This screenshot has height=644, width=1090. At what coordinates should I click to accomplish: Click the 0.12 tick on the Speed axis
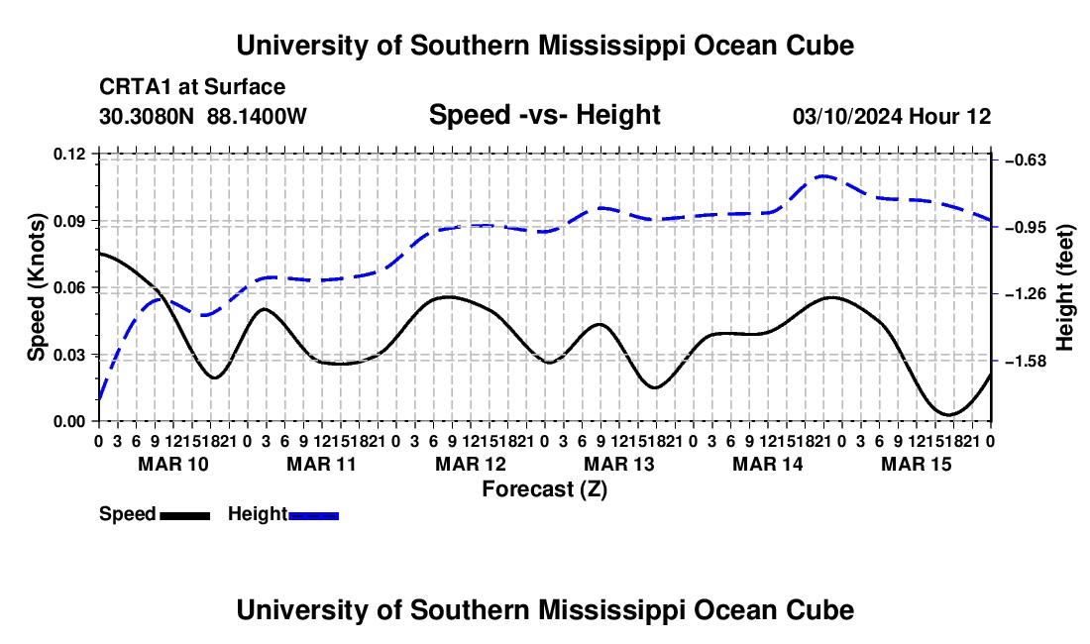click(68, 154)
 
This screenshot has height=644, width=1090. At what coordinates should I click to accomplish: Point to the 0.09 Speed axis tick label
click(68, 221)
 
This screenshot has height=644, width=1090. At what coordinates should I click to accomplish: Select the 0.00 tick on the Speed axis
click(68, 422)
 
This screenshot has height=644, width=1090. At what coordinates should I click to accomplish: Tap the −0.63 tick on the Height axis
click(1026, 161)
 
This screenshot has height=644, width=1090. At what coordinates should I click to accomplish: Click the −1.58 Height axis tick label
click(1026, 362)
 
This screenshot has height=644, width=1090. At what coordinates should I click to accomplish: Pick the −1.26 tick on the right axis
click(1026, 294)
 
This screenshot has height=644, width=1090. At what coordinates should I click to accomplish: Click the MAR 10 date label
click(173, 464)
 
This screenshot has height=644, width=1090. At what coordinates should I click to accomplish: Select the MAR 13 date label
click(618, 464)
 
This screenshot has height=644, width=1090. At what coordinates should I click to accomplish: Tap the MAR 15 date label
click(917, 464)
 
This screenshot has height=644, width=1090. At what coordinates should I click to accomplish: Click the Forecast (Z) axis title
click(544, 489)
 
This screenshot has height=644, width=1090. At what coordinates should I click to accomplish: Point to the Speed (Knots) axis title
click(36, 287)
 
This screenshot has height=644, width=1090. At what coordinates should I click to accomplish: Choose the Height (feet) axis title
click(1065, 287)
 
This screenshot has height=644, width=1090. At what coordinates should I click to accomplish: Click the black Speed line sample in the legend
click(185, 516)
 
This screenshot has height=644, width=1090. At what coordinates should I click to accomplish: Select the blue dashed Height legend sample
click(313, 516)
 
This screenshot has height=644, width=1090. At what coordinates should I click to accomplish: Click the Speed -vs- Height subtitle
click(544, 115)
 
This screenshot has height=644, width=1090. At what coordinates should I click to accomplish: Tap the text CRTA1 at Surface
click(192, 87)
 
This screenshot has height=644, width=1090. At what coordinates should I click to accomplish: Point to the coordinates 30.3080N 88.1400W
click(203, 116)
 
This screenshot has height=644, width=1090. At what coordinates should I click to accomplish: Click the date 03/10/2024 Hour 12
click(892, 116)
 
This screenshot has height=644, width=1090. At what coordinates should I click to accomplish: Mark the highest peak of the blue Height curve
click(824, 175)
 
